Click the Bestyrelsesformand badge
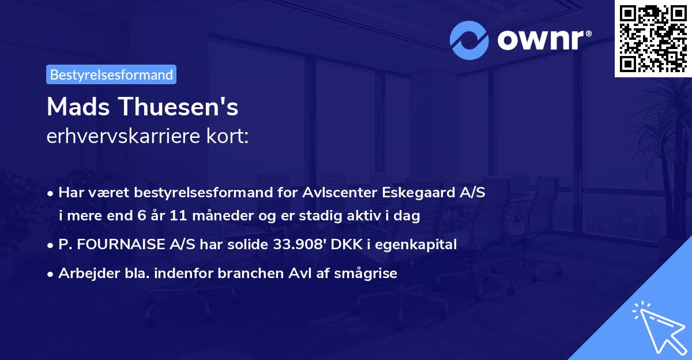click(x=111, y=74)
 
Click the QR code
click(x=653, y=38)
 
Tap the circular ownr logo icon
click(x=469, y=40)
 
